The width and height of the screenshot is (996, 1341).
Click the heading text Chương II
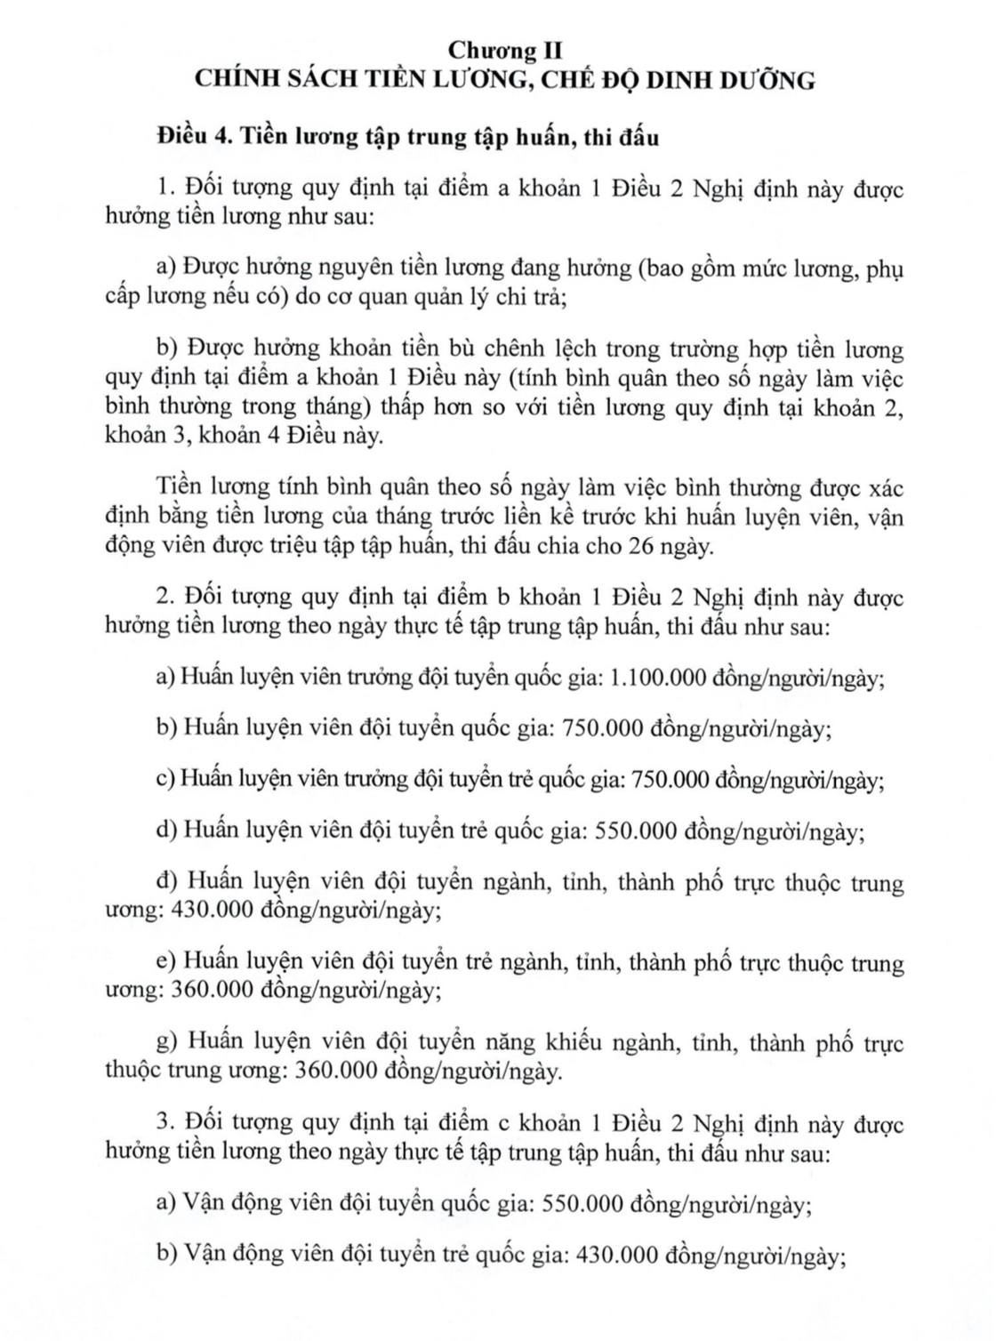pyautogui.click(x=505, y=50)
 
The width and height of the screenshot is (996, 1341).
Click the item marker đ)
pyautogui.click(x=166, y=884)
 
